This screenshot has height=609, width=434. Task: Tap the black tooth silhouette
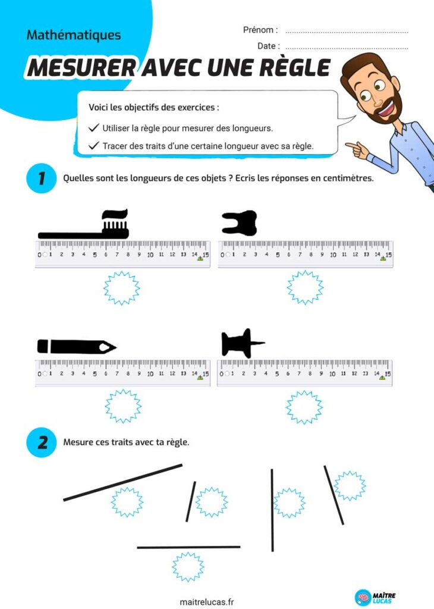coord(240,224)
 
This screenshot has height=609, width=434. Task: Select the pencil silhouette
coord(77,347)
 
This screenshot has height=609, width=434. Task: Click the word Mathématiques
coord(74,35)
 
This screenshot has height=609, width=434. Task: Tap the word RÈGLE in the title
coord(295,68)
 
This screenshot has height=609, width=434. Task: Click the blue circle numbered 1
coord(42,178)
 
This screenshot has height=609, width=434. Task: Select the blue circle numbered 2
coord(42,442)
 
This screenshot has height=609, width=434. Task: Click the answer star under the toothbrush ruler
coord(122,288)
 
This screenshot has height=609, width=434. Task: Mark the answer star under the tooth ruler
coord(305,287)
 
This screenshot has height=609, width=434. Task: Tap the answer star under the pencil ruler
coord(123,406)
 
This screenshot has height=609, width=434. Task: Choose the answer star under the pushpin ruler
coord(304,407)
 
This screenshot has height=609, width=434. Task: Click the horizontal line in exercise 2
coord(188,547)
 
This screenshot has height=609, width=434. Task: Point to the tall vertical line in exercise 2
coord(272,510)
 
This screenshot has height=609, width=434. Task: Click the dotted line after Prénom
coord(347,33)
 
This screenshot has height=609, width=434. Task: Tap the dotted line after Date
coord(347,49)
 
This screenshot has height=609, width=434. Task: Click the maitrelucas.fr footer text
coord(207,602)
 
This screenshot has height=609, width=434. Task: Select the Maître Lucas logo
coord(375,597)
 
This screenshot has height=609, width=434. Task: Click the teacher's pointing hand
coord(357,150)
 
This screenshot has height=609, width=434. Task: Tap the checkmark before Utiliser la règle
coord(93,128)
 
